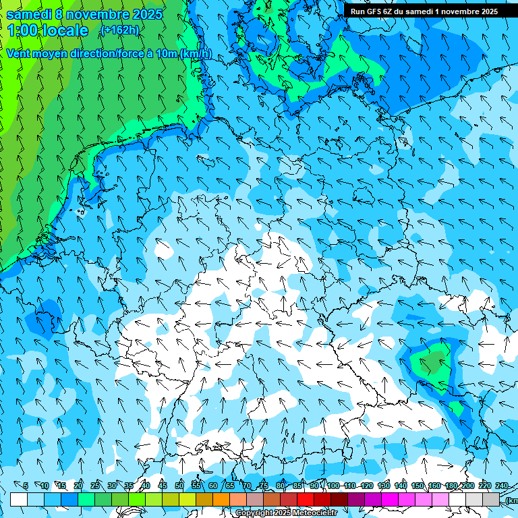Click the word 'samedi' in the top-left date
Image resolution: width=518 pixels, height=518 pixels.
(x=30, y=14)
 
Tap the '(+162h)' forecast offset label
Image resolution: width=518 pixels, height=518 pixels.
(x=119, y=30)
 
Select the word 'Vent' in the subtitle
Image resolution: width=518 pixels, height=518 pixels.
(x=20, y=54)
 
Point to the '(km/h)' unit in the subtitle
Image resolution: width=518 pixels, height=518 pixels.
(x=196, y=54)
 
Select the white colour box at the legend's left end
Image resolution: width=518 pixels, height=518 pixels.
(x=19, y=499)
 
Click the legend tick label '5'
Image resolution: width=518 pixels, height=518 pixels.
(x=26, y=486)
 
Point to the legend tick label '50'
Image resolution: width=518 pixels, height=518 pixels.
(x=179, y=486)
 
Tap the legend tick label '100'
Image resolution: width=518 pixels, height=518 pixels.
(x=333, y=486)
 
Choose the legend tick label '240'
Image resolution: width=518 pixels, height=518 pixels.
(x=501, y=486)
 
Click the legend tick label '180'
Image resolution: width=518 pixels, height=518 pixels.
(x=451, y=486)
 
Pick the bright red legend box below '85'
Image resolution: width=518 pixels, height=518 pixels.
(x=306, y=499)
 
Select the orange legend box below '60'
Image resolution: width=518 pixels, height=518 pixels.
(x=221, y=499)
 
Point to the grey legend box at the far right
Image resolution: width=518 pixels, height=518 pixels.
(x=491, y=499)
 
